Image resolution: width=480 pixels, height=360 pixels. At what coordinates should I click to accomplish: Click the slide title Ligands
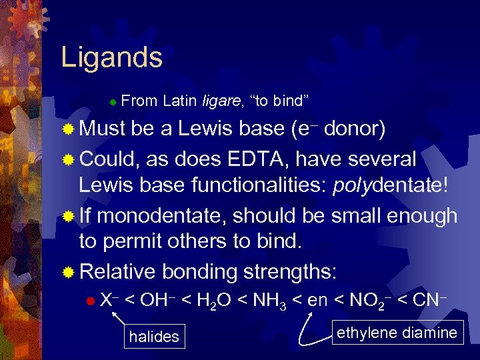[111, 57]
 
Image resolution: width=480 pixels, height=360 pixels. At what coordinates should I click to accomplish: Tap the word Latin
[179, 101]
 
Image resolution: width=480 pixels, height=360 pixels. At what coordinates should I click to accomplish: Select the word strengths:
[291, 271]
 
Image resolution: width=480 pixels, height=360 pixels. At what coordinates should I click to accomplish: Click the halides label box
[154, 337]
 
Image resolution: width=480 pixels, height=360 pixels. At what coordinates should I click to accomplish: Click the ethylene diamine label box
[397, 333]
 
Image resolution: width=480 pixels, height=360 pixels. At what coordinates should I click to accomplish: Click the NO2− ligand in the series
[366, 300]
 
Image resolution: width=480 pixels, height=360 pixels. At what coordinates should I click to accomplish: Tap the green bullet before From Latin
[113, 102]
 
